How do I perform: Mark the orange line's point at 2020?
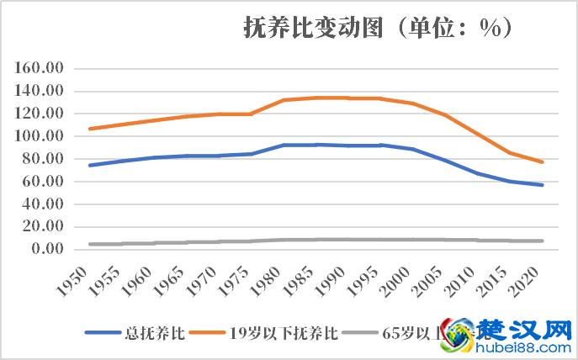click(543, 161)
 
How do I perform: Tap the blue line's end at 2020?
click(543, 185)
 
